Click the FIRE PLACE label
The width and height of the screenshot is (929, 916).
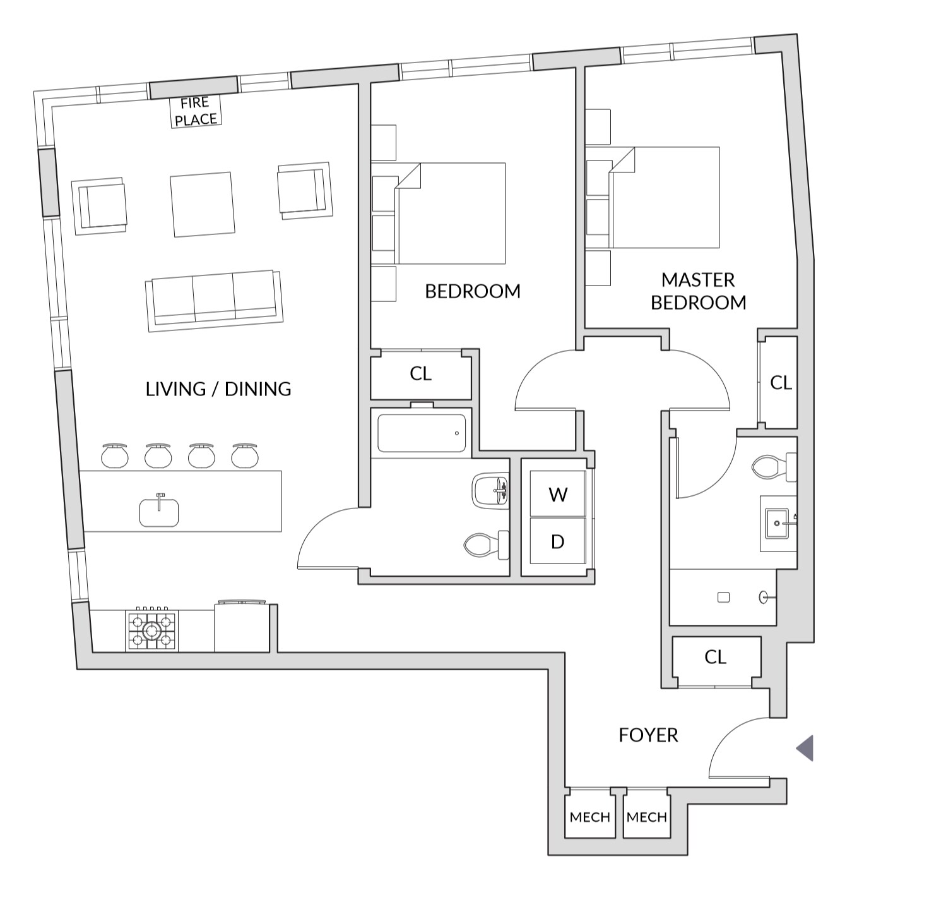(196, 111)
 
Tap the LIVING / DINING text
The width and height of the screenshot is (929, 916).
(218, 389)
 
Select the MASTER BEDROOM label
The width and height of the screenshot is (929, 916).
(699, 291)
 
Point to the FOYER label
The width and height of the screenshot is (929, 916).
(648, 735)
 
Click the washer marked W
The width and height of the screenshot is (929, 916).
(558, 493)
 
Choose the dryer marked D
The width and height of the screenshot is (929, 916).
(558, 541)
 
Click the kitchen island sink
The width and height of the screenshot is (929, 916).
(159, 512)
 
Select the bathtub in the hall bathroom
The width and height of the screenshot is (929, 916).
(422, 433)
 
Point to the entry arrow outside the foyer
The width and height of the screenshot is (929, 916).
(805, 748)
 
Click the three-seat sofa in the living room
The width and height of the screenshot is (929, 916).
(215, 301)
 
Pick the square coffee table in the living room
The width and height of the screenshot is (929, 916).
(203, 205)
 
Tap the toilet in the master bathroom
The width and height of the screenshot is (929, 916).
(774, 467)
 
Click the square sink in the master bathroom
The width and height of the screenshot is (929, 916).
(777, 522)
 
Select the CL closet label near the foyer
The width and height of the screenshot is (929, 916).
(716, 657)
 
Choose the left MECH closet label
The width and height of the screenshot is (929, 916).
(590, 817)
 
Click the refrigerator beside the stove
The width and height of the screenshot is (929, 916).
(242, 627)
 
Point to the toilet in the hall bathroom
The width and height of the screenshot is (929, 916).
(487, 545)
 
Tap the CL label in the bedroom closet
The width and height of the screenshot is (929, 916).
(420, 373)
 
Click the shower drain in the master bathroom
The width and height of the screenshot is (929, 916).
(723, 598)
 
